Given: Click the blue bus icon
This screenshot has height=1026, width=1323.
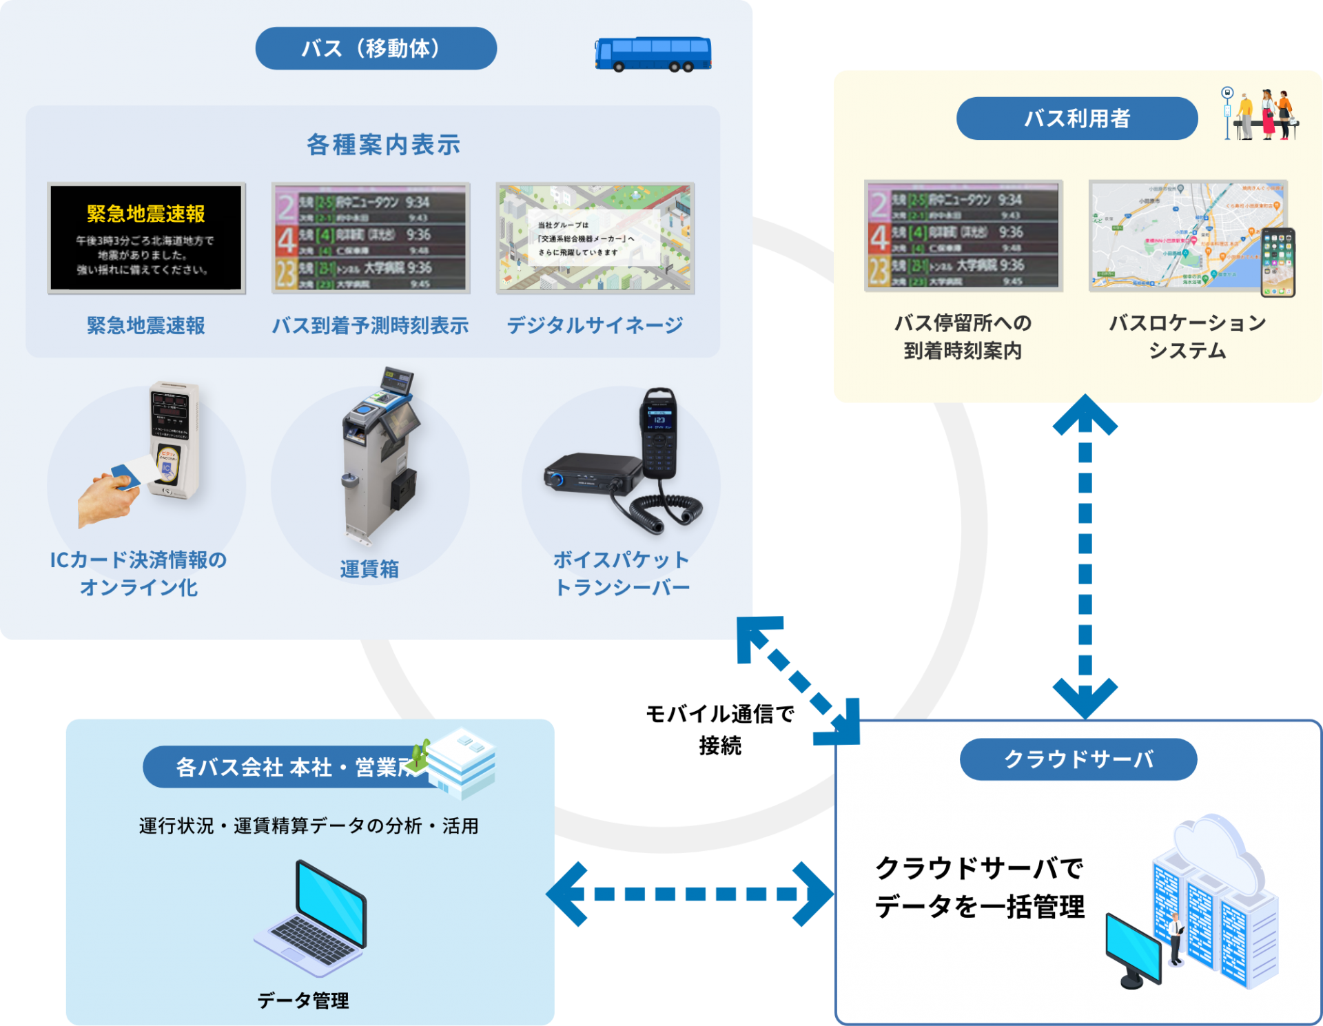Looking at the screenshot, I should [653, 54].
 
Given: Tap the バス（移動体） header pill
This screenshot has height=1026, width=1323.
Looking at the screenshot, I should [376, 48].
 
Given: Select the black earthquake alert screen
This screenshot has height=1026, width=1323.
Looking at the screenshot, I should [146, 238].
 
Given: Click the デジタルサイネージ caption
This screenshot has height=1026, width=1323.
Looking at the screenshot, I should [595, 325].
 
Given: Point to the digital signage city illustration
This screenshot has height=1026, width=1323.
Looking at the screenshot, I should [595, 238].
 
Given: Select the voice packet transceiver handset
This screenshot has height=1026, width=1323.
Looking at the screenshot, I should [659, 434].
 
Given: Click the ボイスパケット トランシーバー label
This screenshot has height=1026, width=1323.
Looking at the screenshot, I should [621, 573].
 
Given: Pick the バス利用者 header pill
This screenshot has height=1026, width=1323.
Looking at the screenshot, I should [1076, 119].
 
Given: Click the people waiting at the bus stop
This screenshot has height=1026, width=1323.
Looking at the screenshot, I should [1264, 114].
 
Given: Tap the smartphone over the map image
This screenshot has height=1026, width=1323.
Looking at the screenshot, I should [1278, 263].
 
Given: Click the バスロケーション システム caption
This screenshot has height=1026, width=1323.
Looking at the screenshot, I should [1187, 337].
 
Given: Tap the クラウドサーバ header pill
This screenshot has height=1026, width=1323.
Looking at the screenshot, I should [1078, 759].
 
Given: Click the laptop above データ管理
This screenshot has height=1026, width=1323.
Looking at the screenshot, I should [314, 916].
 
